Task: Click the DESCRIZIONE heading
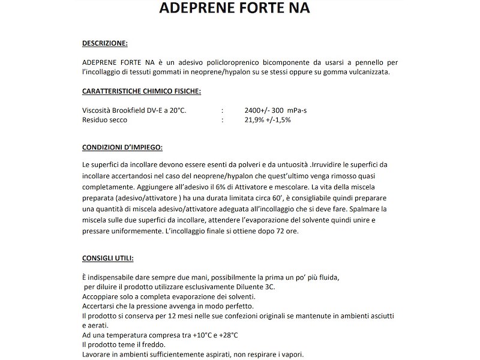104,43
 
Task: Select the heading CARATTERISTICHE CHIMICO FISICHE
142,91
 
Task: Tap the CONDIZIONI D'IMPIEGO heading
122,147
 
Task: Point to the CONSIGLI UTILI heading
108,259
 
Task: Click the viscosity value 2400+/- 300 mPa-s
280,110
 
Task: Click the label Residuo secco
104,120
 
